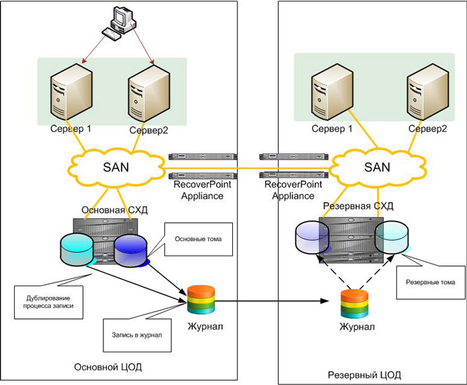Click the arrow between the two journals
tap(274, 302)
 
